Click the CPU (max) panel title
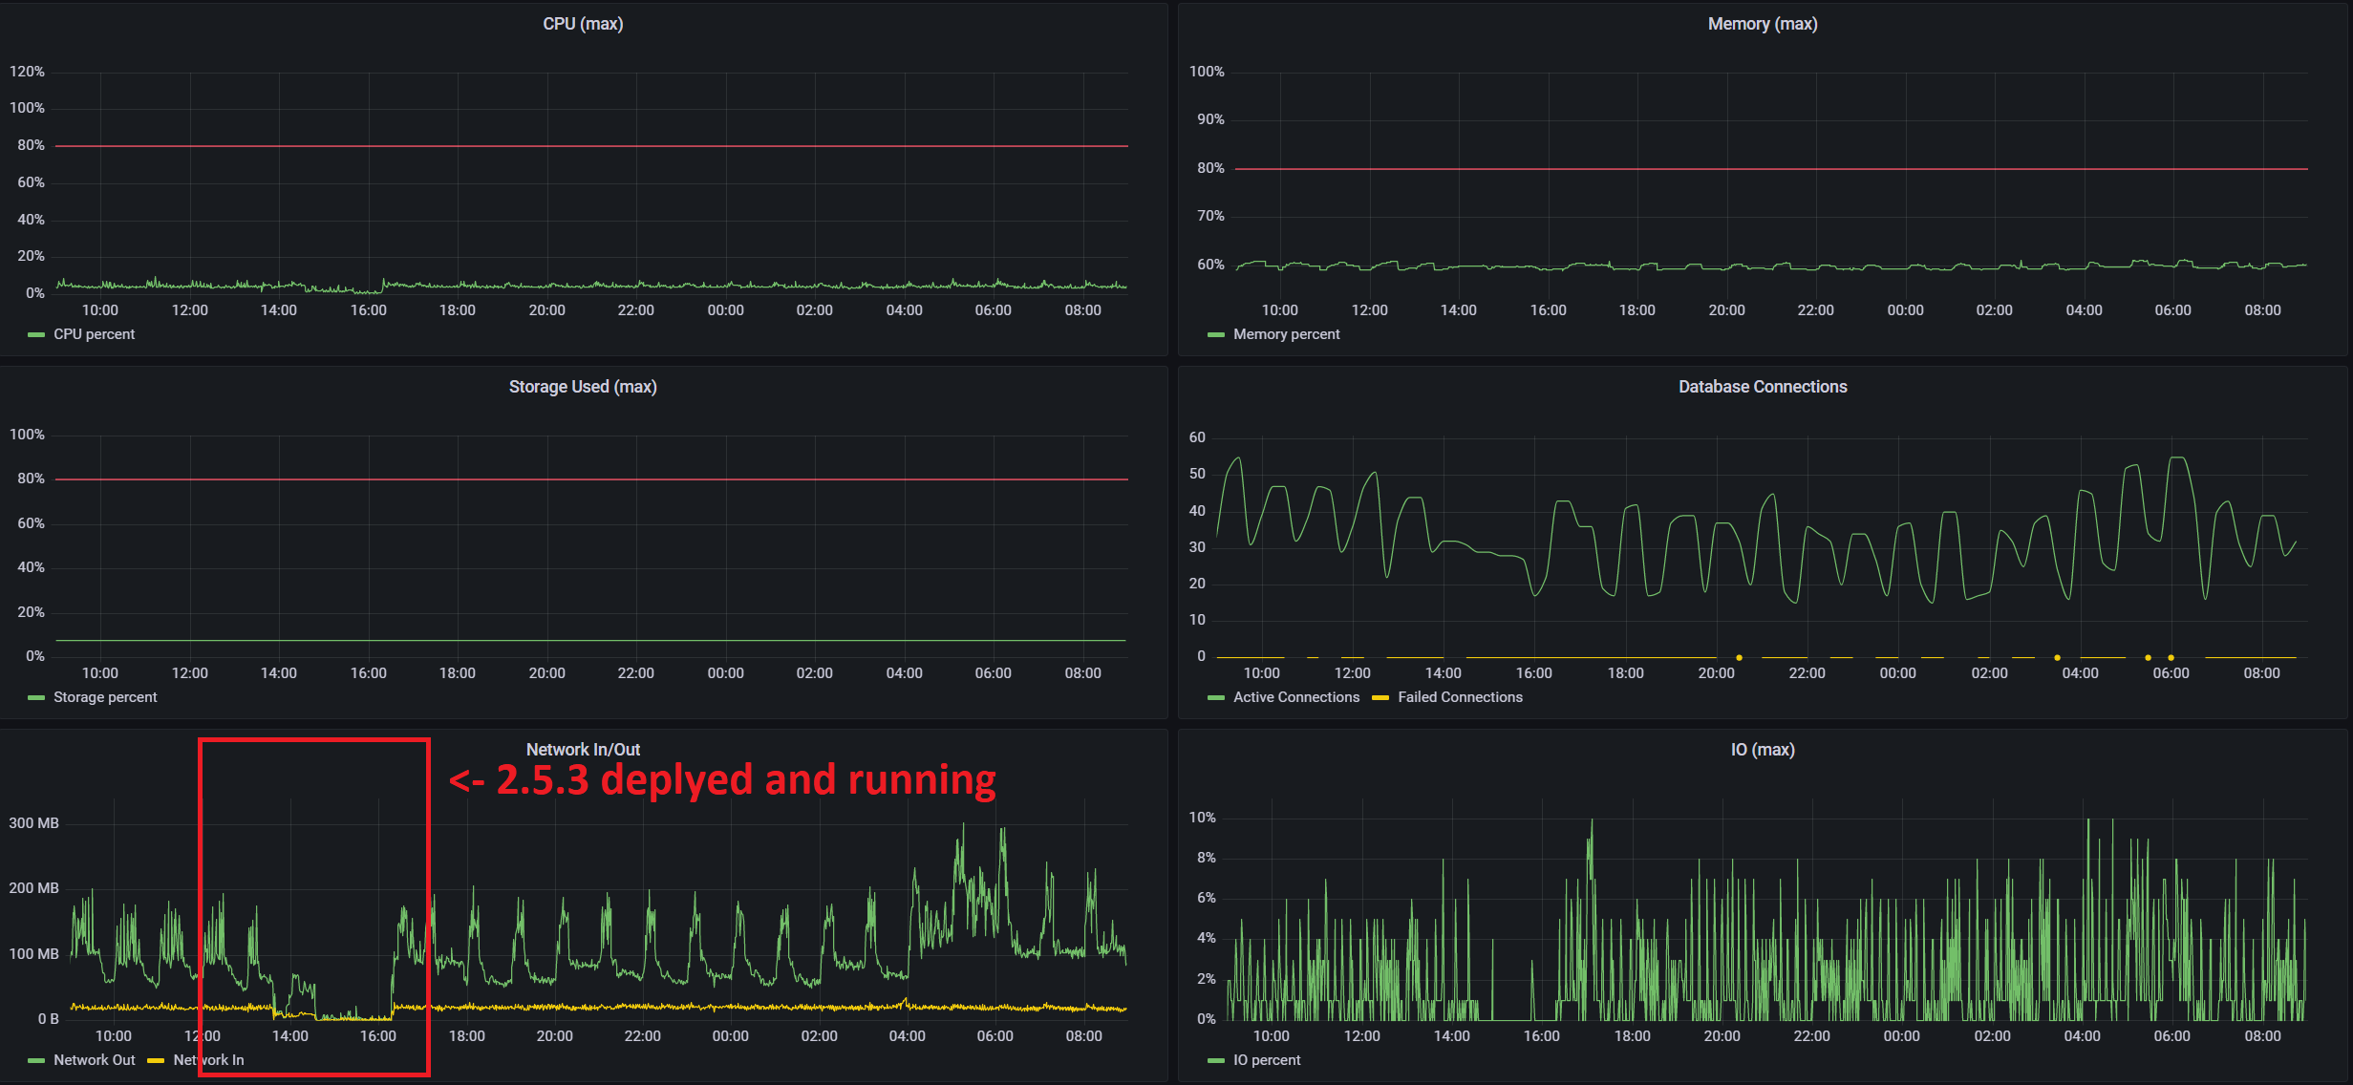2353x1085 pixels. (583, 24)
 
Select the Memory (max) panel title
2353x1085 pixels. (1762, 24)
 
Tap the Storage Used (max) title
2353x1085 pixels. (583, 387)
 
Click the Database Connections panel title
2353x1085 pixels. (1762, 387)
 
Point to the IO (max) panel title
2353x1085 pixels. (1762, 750)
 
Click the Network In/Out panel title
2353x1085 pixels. (583, 750)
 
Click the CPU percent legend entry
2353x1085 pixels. (94, 334)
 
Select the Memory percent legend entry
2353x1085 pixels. (1286, 334)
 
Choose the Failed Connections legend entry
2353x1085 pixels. (1460, 697)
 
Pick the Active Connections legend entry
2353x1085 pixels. (1295, 697)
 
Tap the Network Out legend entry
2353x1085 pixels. (94, 1060)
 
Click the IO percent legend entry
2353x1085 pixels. (1266, 1060)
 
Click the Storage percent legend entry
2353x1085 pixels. (105, 697)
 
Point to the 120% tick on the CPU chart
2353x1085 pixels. (27, 72)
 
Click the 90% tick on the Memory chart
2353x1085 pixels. (1210, 119)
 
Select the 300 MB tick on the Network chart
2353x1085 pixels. (33, 823)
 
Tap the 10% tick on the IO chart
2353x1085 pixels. (1202, 818)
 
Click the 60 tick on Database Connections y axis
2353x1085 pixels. (1197, 437)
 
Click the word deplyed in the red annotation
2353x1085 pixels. (677, 780)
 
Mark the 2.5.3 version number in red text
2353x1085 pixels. (543, 780)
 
